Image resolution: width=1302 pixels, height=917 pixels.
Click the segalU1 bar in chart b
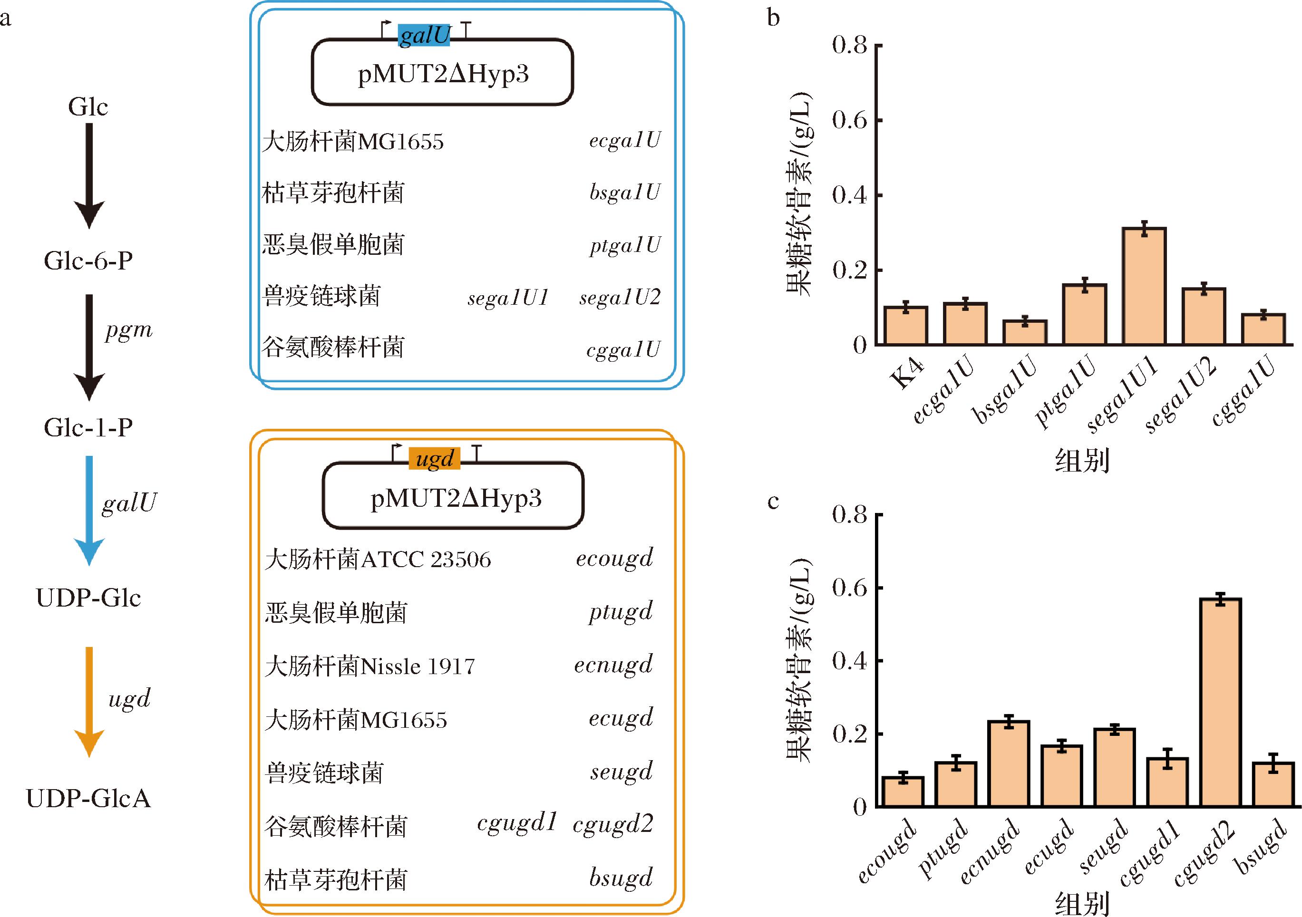1144,286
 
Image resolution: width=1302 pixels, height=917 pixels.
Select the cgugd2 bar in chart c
1220,702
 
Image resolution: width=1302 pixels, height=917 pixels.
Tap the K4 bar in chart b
905,326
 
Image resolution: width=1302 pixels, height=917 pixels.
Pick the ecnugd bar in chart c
1008,763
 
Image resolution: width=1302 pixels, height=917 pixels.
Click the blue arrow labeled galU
89,510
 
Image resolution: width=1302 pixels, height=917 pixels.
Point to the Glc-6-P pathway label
88,261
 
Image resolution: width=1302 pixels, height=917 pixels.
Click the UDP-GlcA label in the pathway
88,798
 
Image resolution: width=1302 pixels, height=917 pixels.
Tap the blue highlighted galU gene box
424,35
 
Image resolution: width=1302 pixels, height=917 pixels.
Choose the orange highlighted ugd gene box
434,458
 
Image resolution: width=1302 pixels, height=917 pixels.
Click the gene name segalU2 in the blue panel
620,297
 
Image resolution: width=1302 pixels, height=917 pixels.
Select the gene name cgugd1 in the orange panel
516,822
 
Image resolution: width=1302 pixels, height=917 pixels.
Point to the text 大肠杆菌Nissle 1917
370,666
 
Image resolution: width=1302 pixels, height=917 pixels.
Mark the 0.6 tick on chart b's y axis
877,120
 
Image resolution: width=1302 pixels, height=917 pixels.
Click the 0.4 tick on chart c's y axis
877,661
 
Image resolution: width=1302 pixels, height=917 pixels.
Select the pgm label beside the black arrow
129,330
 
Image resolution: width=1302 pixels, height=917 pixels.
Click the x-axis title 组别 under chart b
1081,460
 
